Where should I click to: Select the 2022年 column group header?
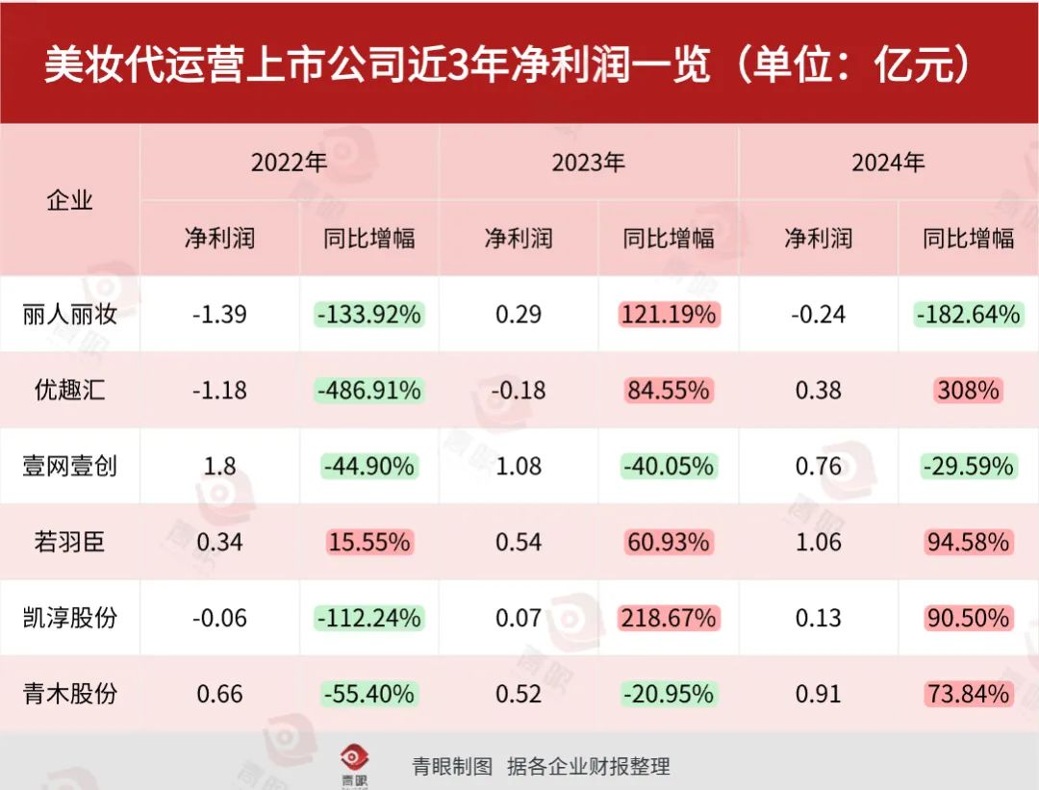(289, 163)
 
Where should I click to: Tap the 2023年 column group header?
(588, 163)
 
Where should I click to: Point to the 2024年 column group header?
(887, 163)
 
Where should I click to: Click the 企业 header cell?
(69, 200)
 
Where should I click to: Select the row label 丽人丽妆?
(69, 315)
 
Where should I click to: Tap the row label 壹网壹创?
(69, 466)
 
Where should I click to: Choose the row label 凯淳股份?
(69, 617)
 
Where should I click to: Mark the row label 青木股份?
(69, 693)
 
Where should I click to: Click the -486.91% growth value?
(368, 390)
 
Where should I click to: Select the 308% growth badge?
(968, 390)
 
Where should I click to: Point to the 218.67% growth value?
(669, 617)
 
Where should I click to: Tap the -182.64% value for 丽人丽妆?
(968, 315)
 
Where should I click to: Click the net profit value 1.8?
(219, 466)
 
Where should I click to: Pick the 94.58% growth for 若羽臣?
(968, 542)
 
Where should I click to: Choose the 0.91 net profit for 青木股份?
(818, 693)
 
